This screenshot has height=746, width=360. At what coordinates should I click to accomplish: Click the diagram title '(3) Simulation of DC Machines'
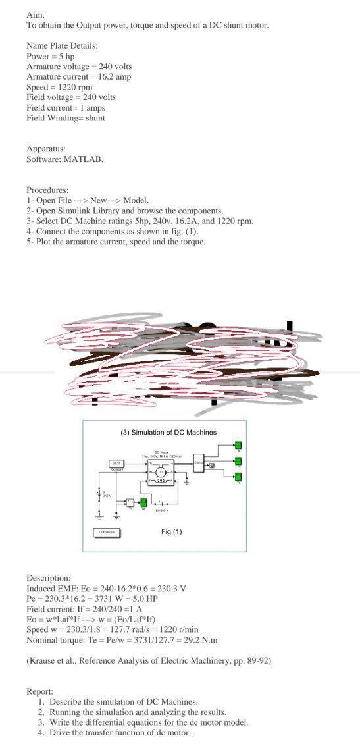[x=168, y=433]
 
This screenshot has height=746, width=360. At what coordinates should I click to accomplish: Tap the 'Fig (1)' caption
[x=171, y=531]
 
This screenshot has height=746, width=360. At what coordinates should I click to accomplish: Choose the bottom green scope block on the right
[x=238, y=477]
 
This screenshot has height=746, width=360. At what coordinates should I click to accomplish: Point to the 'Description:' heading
[x=48, y=577]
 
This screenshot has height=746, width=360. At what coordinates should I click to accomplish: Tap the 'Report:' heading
[x=40, y=691]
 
